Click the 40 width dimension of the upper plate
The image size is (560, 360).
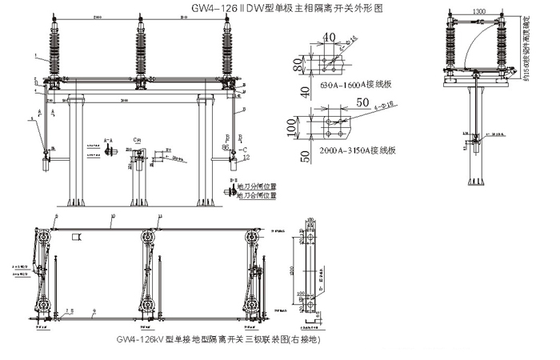(330, 37)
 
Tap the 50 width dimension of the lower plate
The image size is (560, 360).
(339, 103)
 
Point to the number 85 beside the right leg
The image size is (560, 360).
(226, 147)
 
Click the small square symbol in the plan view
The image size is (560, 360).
(78, 237)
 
